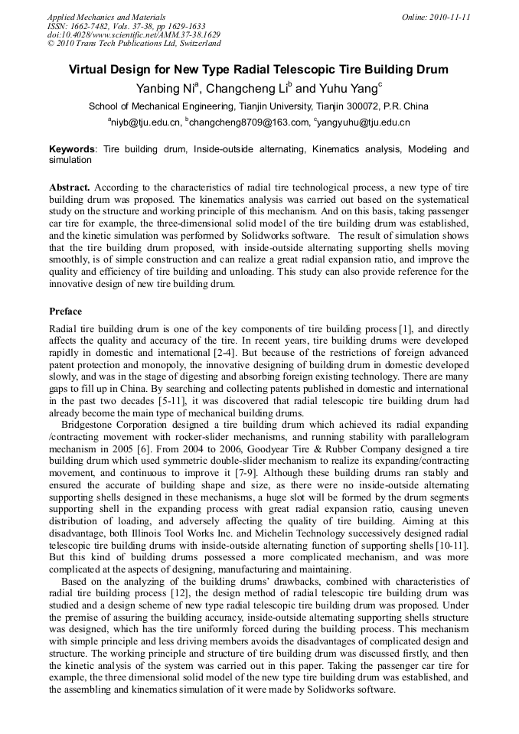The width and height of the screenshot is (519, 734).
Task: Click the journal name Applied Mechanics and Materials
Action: [x=106, y=16]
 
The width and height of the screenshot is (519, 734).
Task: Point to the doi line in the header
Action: [x=133, y=34]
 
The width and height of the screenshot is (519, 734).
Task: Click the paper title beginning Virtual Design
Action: [x=259, y=70]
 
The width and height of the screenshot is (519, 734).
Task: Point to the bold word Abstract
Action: [x=70, y=188]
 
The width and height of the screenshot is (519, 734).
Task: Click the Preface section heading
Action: [x=66, y=312]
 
